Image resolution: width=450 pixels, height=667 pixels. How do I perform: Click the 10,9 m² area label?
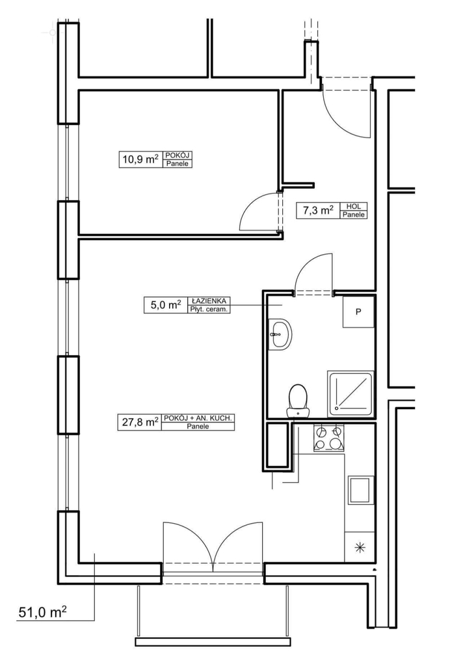click(140, 160)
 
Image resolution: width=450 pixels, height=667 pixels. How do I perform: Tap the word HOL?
click(354, 206)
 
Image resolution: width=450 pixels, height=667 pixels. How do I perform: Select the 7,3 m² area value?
click(318, 210)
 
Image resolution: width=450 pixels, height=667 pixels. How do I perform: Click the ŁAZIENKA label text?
click(209, 301)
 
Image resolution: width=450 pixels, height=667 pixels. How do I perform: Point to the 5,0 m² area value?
click(166, 305)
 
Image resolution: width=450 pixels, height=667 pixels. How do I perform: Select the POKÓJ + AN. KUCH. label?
click(198, 418)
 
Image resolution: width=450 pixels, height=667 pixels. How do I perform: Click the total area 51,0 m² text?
click(42, 612)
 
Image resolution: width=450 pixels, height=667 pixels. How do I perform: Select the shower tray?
click(351, 394)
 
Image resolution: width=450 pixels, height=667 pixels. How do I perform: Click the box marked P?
click(358, 312)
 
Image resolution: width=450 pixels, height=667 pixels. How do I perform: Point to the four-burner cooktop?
click(328, 438)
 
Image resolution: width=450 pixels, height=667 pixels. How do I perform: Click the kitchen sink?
click(362, 490)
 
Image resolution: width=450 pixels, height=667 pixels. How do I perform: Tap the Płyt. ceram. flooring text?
click(209, 309)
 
